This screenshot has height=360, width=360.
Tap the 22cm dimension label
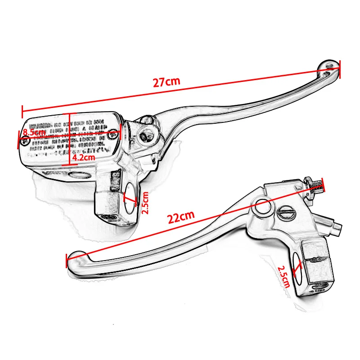181,218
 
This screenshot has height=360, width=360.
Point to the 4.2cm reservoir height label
84,157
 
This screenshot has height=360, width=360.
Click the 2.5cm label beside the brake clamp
144,202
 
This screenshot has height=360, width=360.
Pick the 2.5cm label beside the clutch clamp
283,276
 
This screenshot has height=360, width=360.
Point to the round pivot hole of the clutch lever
262,208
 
